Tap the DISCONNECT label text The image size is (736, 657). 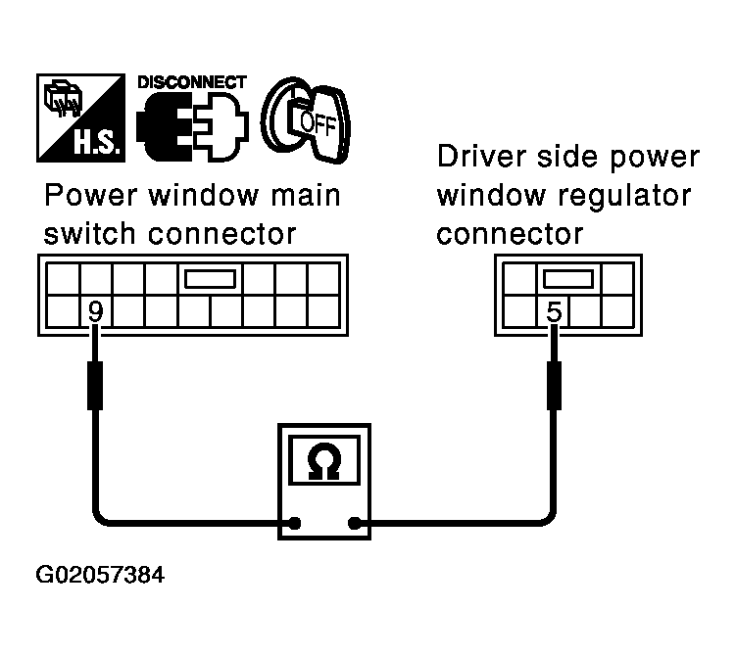point(190,82)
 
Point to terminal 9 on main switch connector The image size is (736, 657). point(95,312)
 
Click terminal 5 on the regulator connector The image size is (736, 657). point(554,312)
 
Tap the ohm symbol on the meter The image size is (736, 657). point(322,460)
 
